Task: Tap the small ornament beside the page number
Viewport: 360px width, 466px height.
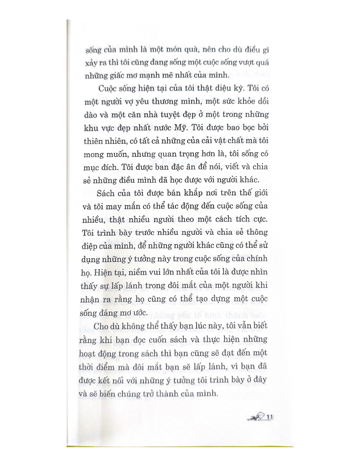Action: point(257,417)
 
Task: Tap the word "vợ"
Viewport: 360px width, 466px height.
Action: point(130,102)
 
